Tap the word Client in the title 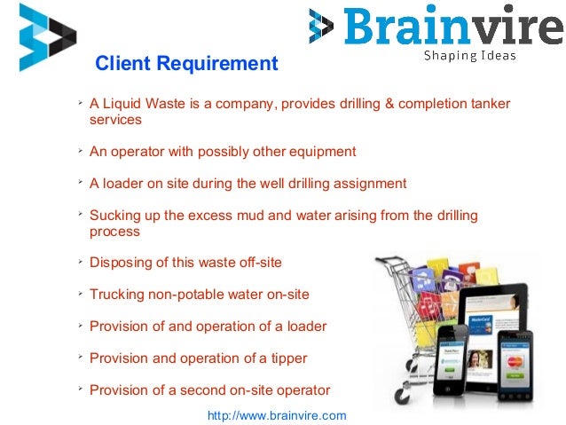(x=122, y=64)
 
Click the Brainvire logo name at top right (x=452, y=27)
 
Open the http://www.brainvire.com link (x=276, y=415)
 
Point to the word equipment (x=325, y=152)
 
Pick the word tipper (x=284, y=358)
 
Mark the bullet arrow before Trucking (x=80, y=294)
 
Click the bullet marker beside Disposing (x=80, y=263)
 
